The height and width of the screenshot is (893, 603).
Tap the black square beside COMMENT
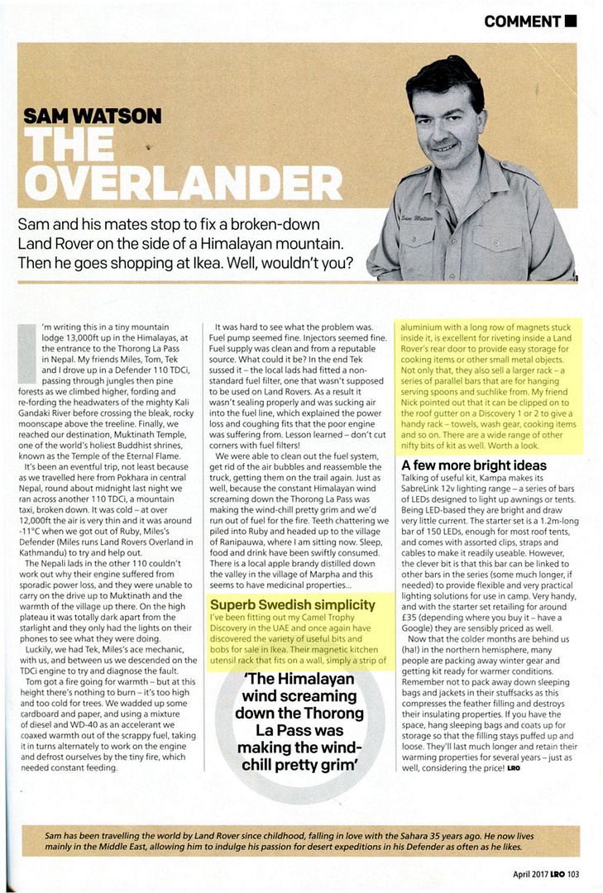pyautogui.click(x=571, y=21)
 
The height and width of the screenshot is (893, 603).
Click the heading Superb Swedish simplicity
pyautogui.click(x=293, y=604)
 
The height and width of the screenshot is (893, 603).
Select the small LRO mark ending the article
pyautogui.click(x=514, y=769)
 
